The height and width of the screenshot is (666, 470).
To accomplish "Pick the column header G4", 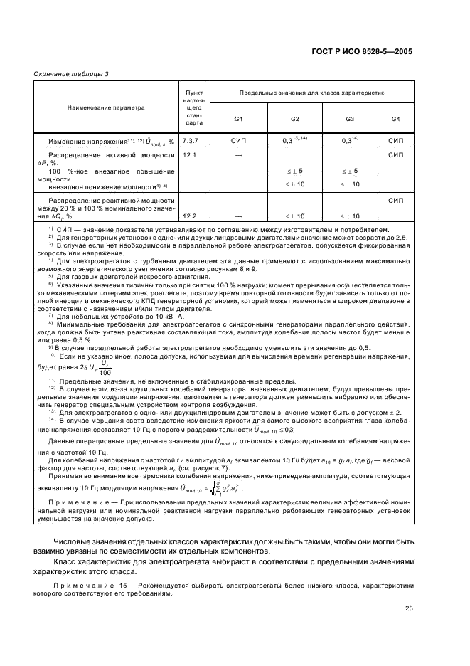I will (x=395, y=118).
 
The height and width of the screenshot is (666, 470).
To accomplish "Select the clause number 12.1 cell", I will (x=189, y=154).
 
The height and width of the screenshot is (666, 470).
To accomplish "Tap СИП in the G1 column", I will (x=239, y=141).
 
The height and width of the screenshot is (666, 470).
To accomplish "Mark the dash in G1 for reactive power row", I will (x=239, y=216).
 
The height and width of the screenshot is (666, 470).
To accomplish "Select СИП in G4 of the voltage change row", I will (x=395, y=141).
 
